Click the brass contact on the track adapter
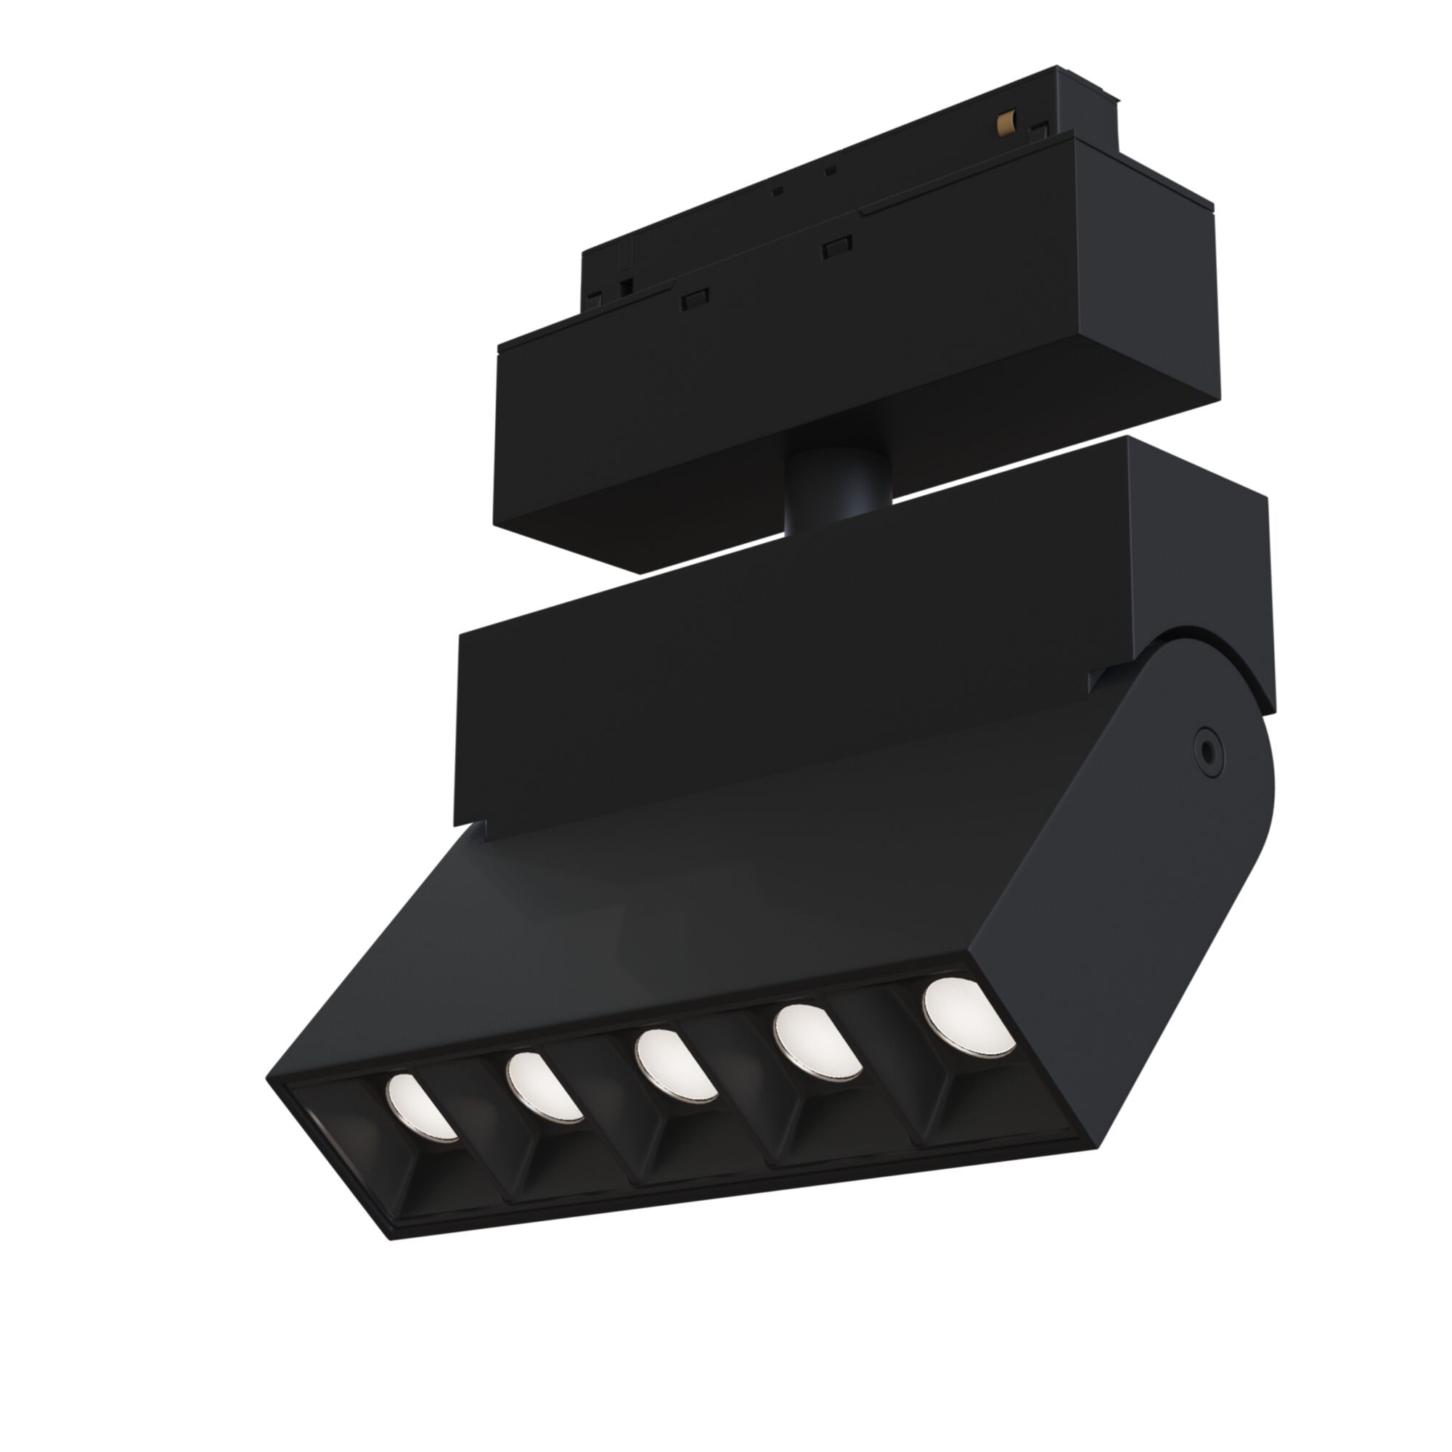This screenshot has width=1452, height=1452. (x=1004, y=121)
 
